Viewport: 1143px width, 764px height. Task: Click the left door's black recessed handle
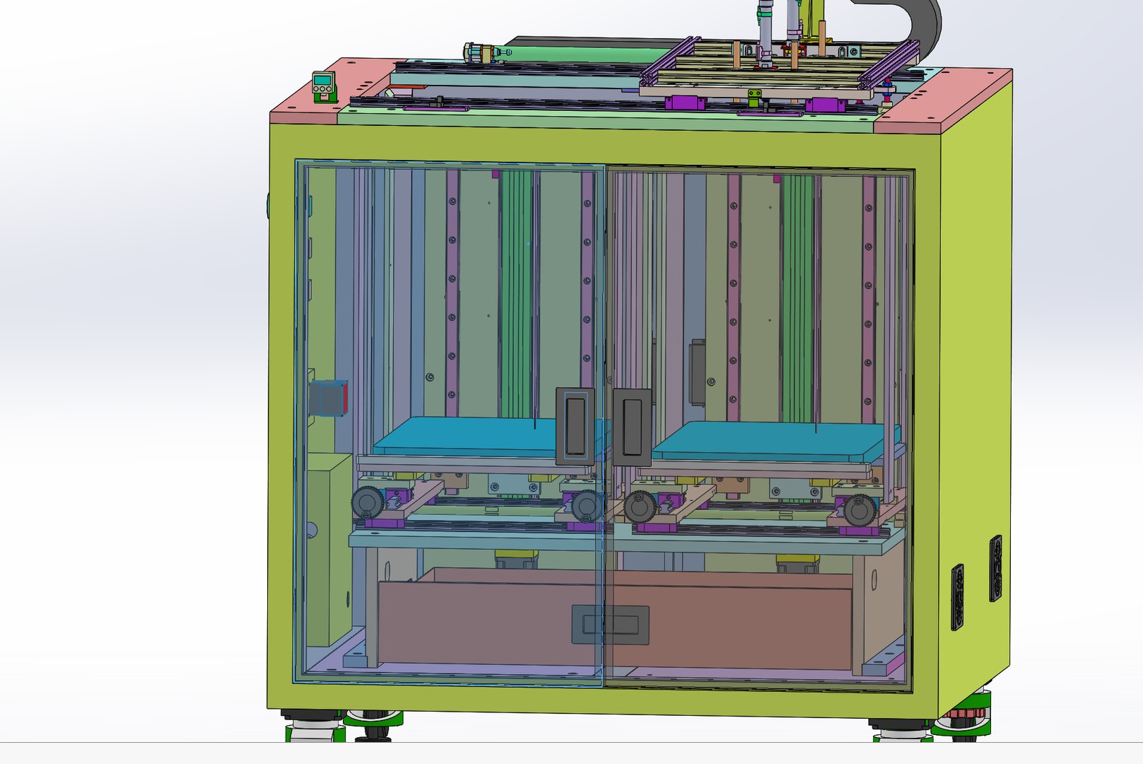pyautogui.click(x=575, y=427)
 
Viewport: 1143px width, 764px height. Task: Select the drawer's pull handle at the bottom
pyautogui.click(x=610, y=625)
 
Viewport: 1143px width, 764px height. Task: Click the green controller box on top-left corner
pyautogui.click(x=324, y=86)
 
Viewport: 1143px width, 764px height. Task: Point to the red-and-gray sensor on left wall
pyautogui.click(x=329, y=398)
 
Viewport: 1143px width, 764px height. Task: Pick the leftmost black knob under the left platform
pyautogui.click(x=368, y=504)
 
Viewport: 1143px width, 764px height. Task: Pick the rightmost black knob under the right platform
pyautogui.click(x=860, y=509)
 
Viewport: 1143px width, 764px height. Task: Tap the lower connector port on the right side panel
pyautogui.click(x=958, y=596)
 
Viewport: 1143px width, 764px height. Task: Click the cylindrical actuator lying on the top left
pyautogui.click(x=488, y=52)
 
